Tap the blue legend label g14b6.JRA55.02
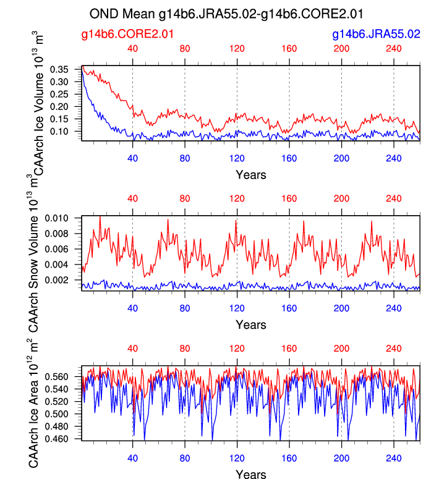point(376,35)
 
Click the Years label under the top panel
point(251,174)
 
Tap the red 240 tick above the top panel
point(394,49)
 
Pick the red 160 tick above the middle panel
point(289,199)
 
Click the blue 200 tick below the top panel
point(341,158)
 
